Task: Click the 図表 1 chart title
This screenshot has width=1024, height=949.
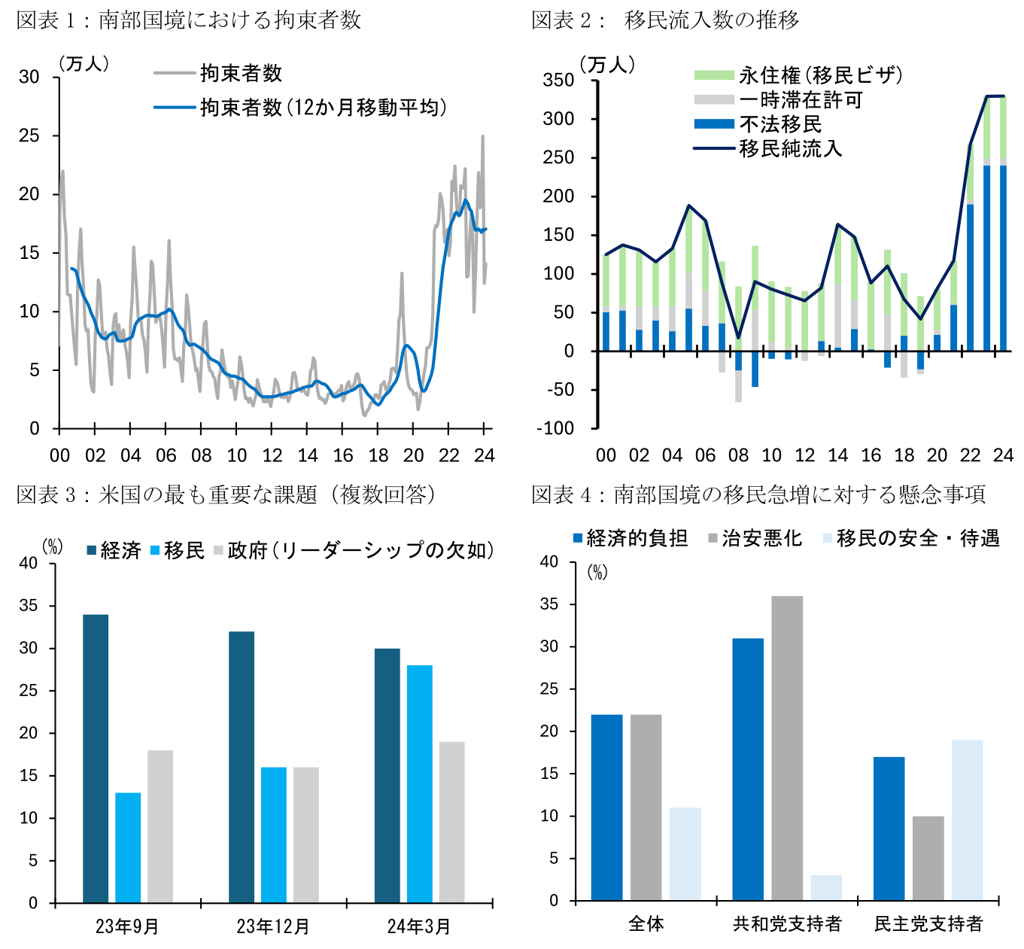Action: pos(189,20)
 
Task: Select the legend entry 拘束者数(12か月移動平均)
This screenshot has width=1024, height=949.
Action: pos(323,108)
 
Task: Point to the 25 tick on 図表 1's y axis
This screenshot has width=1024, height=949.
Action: pos(29,135)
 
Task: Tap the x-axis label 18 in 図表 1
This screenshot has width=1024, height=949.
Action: pos(378,455)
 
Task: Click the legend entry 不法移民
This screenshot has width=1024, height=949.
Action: pos(780,124)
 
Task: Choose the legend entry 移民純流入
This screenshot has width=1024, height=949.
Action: pos(790,148)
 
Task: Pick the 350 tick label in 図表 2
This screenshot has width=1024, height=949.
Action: pos(558,80)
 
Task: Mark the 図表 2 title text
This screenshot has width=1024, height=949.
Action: pos(665,20)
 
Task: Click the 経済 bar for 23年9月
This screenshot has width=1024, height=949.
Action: pos(96,758)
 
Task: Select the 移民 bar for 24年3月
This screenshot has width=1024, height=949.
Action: pos(420,783)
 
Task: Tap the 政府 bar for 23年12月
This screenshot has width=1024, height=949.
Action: pos(306,835)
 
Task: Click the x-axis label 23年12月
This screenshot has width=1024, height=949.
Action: pos(273,926)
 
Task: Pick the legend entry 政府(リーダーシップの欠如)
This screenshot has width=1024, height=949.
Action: pos(360,550)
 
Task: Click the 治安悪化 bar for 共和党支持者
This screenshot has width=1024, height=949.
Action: pos(787,748)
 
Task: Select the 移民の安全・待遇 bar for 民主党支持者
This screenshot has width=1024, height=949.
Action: pos(967,820)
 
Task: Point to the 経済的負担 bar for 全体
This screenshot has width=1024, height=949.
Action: pos(606,807)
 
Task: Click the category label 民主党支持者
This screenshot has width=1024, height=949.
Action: pos(928,923)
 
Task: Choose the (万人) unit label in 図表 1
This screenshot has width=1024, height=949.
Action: pos(84,64)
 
